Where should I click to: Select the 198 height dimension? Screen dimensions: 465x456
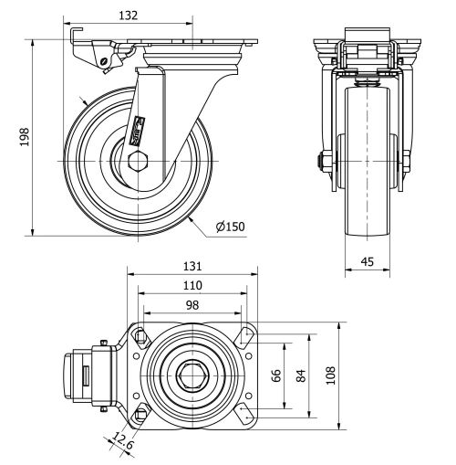click(25, 136)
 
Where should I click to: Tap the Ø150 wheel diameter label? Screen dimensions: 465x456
click(232, 227)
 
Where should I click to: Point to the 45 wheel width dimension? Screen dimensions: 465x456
click(368, 262)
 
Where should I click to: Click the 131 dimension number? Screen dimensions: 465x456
click(192, 266)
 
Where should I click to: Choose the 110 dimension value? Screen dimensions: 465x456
click(192, 285)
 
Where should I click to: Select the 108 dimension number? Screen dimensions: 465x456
click(331, 375)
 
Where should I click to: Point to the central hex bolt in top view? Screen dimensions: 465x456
click(192, 375)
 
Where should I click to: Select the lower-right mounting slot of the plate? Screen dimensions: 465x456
click(244, 413)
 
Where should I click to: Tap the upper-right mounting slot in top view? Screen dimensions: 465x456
click(244, 336)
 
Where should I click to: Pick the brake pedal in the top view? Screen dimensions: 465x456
click(78, 375)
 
